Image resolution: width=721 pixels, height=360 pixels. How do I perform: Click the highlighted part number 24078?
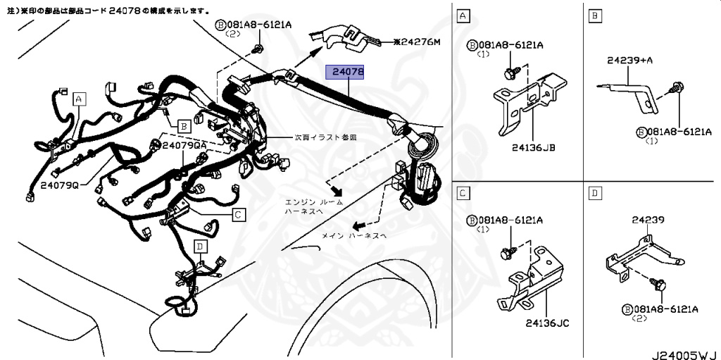point(348,72)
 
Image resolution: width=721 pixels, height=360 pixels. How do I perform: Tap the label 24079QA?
point(185,144)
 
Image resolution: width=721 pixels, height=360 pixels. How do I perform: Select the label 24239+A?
point(629,61)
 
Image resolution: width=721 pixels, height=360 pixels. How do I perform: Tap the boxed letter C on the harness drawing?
point(239,214)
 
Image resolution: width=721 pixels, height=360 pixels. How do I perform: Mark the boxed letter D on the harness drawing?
point(201,246)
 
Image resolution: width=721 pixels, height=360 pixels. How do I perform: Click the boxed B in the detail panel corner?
point(595,15)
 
